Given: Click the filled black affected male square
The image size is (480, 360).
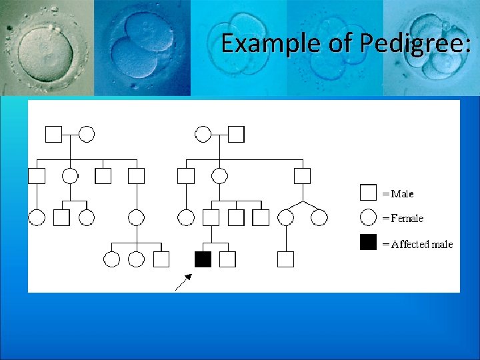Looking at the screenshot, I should coord(203,259).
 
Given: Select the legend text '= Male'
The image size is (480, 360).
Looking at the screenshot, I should coord(397,194).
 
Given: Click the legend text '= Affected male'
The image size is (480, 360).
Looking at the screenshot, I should coord(417,244).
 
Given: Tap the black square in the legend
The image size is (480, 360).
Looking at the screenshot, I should coord(368,243).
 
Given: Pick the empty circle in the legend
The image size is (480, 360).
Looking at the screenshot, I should coord(368,217).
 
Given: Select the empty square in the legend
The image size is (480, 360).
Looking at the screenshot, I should coord(368,193).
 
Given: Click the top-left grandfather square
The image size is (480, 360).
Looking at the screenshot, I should coord(53,134).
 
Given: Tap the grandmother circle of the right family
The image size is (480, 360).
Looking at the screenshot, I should coord(203,134).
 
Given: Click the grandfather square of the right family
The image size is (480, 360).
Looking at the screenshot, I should coord(236,134).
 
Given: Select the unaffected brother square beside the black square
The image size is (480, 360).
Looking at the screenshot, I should coord(227,259).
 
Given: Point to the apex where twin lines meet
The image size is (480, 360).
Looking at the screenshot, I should coord(303,201).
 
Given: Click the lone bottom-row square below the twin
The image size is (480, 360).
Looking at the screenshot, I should coord(286,259).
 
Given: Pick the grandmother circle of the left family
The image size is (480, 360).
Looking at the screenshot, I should coord(87,134).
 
